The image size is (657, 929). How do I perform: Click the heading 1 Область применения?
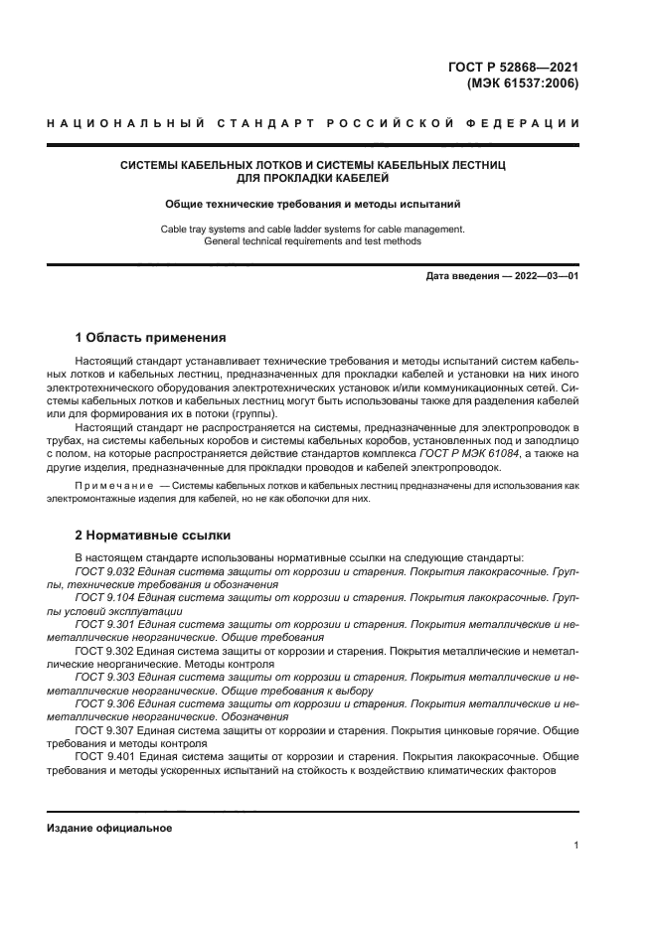150,337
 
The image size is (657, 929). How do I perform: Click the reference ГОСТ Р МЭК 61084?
443,454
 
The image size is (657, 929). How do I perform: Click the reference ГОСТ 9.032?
102,572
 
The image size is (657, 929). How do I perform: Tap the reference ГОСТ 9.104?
102,598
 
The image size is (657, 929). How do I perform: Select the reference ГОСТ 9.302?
102,650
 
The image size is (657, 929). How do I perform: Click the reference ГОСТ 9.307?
102,728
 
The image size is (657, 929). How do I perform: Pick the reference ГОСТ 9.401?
102,754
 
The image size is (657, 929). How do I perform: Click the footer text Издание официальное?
108,828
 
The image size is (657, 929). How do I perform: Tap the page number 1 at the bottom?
575,846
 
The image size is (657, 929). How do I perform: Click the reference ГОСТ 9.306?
102,702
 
